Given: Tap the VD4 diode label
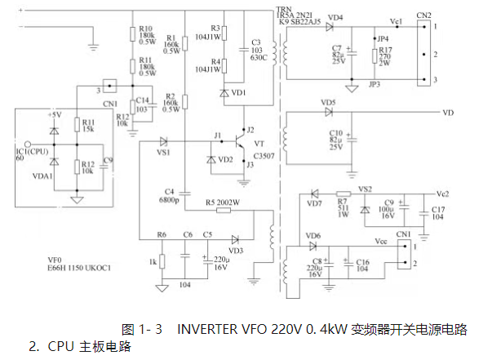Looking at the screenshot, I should pyautogui.click(x=335, y=17).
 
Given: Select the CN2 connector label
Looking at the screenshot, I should pyautogui.click(x=423, y=14).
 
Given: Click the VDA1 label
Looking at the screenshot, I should pyautogui.click(x=43, y=175).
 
